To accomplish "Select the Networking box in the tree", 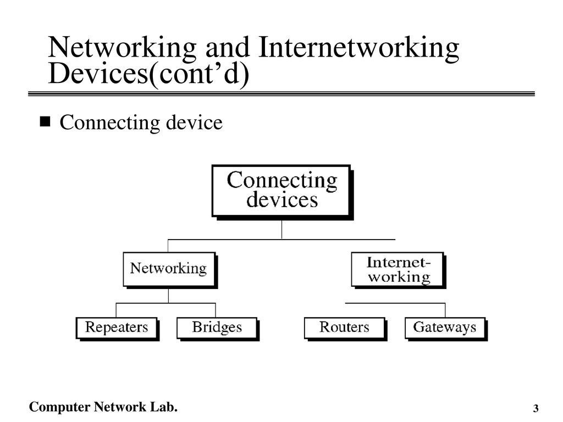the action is (170, 270).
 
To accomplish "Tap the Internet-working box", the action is (398, 270).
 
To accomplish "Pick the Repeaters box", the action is (117, 329).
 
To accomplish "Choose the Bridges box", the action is (218, 329).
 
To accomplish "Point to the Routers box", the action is (345, 329).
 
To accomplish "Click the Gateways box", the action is (445, 329).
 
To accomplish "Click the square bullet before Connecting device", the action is (45, 121).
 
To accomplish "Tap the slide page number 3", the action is (536, 408).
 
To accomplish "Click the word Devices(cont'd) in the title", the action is (148, 74).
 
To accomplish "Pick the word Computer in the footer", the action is (59, 407).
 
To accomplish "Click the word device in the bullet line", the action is (194, 123).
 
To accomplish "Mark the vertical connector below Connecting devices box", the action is (282, 229).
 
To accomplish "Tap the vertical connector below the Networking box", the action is (168, 296).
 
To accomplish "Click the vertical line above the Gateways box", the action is (445, 310).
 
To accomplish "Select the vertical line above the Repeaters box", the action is (116, 310).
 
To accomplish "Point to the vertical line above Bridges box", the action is (216, 310).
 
